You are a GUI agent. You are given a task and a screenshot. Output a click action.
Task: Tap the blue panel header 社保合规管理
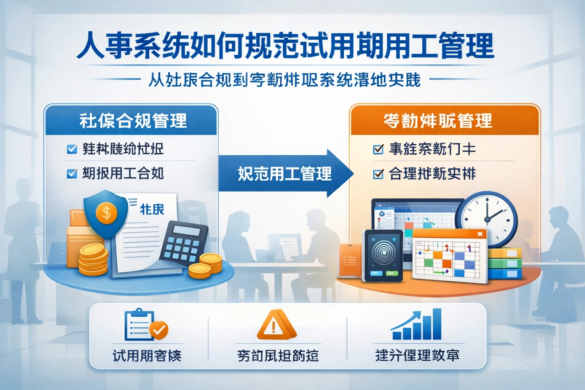click(x=133, y=121)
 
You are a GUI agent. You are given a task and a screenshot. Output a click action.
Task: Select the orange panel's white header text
click(x=438, y=121)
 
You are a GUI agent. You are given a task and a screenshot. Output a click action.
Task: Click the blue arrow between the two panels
click(x=286, y=174)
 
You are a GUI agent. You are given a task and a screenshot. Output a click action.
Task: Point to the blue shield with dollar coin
click(x=105, y=213)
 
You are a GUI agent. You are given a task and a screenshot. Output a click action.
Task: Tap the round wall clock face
click(x=487, y=219)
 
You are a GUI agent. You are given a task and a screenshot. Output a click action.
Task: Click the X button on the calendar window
click(x=480, y=234)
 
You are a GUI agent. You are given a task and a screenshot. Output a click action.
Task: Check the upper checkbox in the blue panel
click(x=72, y=149)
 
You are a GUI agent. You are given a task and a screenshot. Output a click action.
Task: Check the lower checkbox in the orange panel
click(x=378, y=174)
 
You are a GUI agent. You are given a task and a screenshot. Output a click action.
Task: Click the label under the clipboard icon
click(x=147, y=356)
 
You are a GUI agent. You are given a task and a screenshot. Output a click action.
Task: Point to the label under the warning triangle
click(x=278, y=356)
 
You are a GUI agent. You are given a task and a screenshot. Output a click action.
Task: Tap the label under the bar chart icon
click(x=417, y=355)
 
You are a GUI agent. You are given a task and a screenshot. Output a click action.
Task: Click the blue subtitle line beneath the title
click(x=284, y=80)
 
